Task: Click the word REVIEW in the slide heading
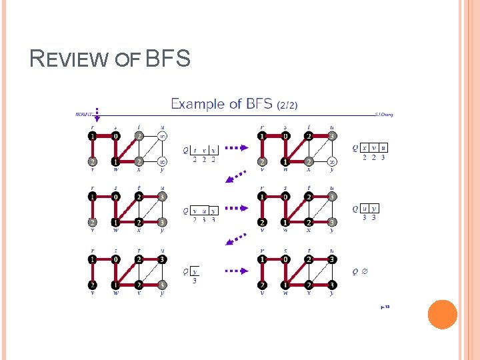(x=68, y=59)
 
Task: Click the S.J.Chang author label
(x=384, y=115)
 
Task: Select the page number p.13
(x=385, y=307)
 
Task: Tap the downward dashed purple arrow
(x=97, y=114)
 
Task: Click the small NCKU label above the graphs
(x=83, y=115)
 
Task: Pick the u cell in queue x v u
(x=384, y=148)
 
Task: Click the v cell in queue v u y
(x=195, y=210)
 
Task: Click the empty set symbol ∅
(x=366, y=271)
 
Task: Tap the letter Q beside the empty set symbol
(x=355, y=271)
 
